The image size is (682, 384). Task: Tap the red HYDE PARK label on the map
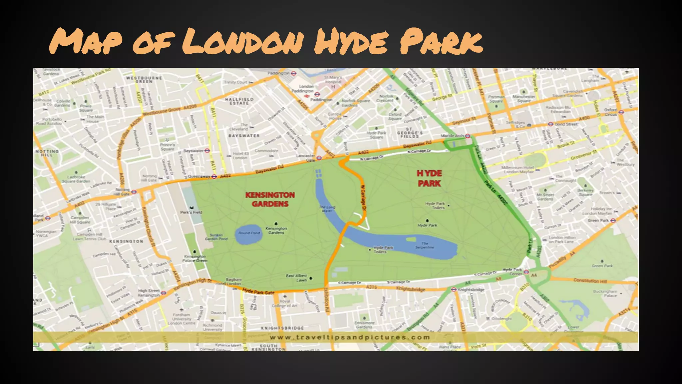429,178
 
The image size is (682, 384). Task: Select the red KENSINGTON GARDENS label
270,199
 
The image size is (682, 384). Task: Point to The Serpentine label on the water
425,245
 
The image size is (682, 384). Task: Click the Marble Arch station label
452,136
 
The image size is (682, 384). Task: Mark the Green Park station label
598,220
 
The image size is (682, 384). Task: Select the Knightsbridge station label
471,290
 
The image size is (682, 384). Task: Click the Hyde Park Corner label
512,271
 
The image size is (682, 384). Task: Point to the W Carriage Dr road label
363,198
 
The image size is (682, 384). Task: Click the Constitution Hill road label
590,281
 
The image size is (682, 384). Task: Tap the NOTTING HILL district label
47,153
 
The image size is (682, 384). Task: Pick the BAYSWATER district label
244,136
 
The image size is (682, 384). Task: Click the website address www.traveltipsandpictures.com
350,337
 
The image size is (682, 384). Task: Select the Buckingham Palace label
605,293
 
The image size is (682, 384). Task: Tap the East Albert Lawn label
296,278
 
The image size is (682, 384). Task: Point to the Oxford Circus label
610,112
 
